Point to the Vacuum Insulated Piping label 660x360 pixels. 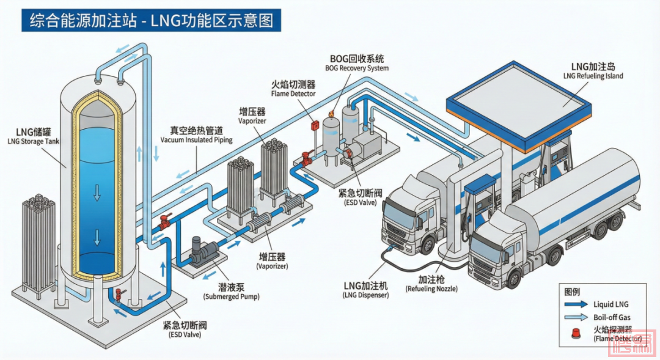(x=196, y=135)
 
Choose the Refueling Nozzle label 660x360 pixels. (x=435, y=283)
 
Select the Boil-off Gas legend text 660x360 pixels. (x=611, y=317)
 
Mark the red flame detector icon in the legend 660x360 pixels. (x=576, y=333)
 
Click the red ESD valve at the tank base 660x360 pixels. (x=117, y=295)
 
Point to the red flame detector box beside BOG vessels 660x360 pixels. (x=315, y=126)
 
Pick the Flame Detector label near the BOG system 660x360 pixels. (x=293, y=89)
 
